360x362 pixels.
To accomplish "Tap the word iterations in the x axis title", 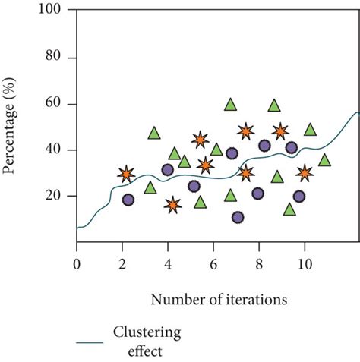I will (254, 300).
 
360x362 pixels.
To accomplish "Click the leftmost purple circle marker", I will (128, 200).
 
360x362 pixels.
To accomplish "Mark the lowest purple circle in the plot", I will (238, 217).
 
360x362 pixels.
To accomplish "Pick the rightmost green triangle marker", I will (324, 160).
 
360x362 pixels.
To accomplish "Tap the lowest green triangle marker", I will (289, 209).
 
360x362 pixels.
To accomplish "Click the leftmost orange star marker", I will (126, 175).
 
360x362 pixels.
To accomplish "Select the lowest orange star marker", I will (173, 205).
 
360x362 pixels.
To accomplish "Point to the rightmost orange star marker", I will (305, 173).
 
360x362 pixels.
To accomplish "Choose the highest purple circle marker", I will (264, 146).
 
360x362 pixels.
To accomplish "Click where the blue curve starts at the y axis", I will (77, 228).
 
